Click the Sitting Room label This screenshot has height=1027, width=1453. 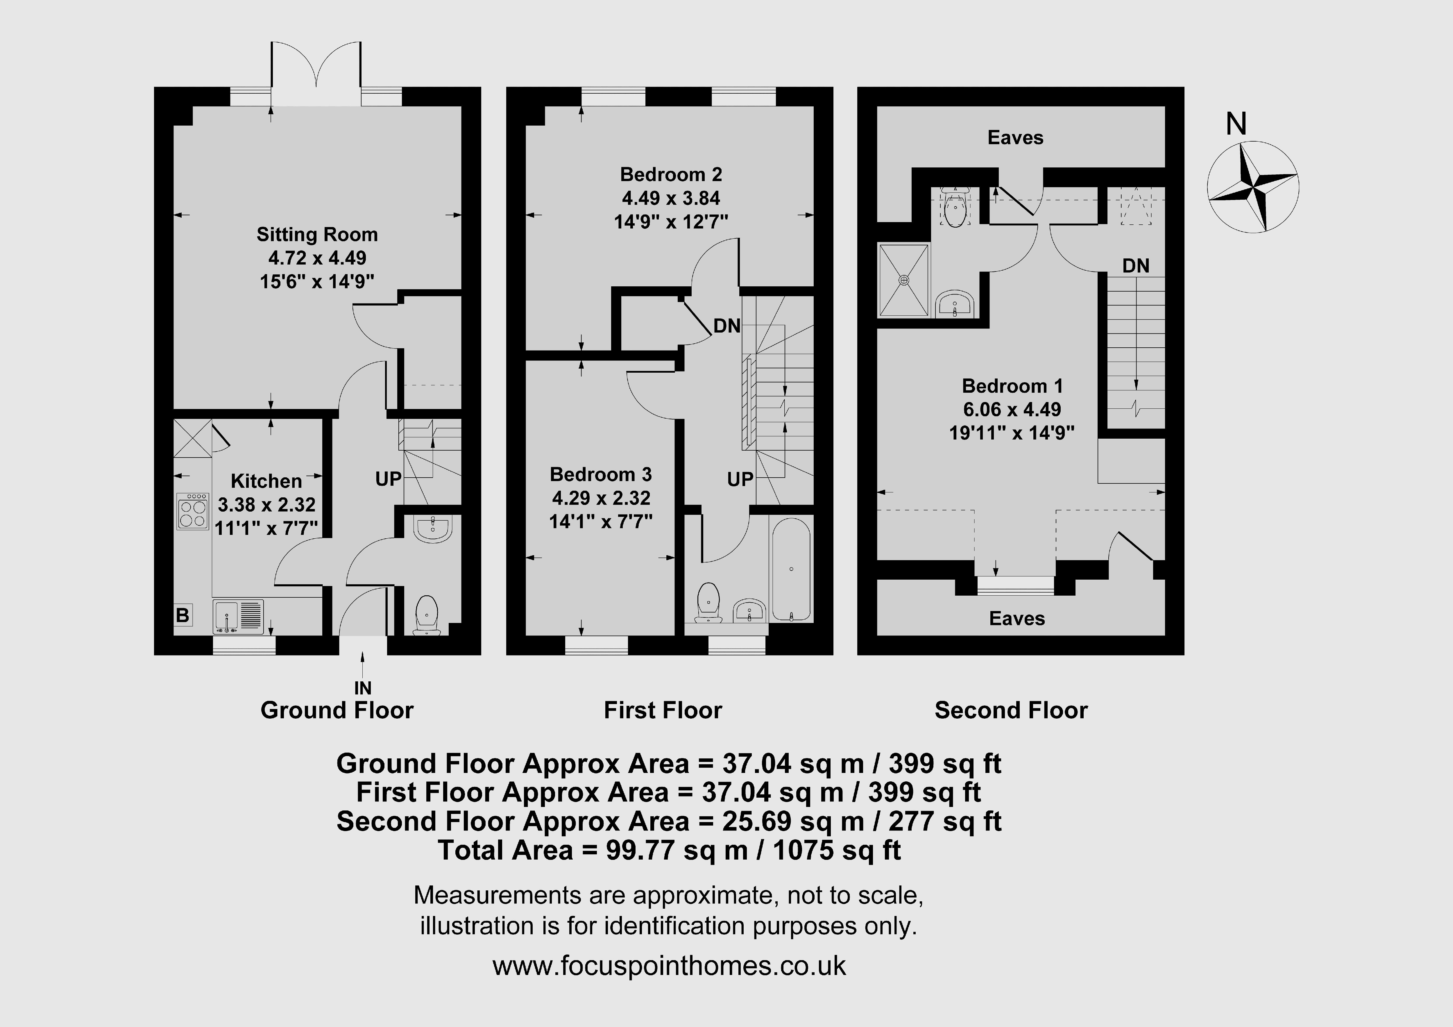coord(317,235)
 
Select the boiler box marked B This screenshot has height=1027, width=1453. coord(183,615)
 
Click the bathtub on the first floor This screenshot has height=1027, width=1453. coord(791,569)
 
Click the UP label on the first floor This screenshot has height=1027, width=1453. coord(740,479)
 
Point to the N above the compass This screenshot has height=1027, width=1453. coord(1236,124)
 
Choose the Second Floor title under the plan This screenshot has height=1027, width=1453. coord(1011,710)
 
